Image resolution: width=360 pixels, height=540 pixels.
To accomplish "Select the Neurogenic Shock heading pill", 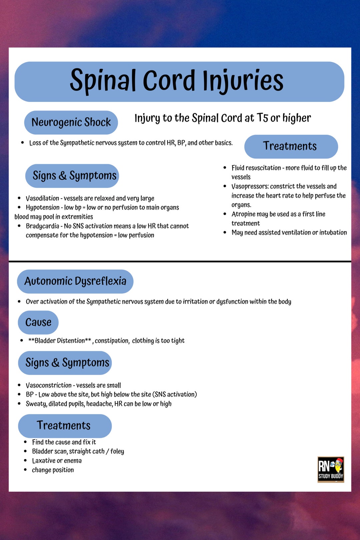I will pyautogui.click(x=71, y=122).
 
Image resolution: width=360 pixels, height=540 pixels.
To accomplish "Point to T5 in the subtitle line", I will pyautogui.click(x=262, y=118).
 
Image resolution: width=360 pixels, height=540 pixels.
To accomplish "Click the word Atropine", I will pyautogui.click(x=243, y=214).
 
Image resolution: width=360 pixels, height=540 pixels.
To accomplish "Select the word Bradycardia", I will pyautogui.click(x=42, y=226).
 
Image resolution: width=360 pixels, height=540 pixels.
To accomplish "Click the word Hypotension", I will pyautogui.click(x=42, y=207).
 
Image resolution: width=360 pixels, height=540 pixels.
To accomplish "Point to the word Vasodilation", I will pyautogui.click(x=42, y=198).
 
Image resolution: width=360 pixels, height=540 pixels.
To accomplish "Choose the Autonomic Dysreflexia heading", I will pyautogui.click(x=75, y=281).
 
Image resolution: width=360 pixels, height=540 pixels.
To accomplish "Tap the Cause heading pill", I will pyautogui.click(x=38, y=322).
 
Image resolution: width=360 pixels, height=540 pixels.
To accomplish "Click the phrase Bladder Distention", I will pyautogui.click(x=60, y=341).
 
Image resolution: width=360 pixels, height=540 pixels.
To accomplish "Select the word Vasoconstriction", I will pyautogui.click(x=49, y=385).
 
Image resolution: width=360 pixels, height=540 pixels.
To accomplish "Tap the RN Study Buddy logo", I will pyautogui.click(x=330, y=469).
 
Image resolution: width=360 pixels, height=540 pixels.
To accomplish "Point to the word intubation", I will pyautogui.click(x=333, y=233).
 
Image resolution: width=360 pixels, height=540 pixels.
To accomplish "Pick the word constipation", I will pyautogui.click(x=112, y=341).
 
